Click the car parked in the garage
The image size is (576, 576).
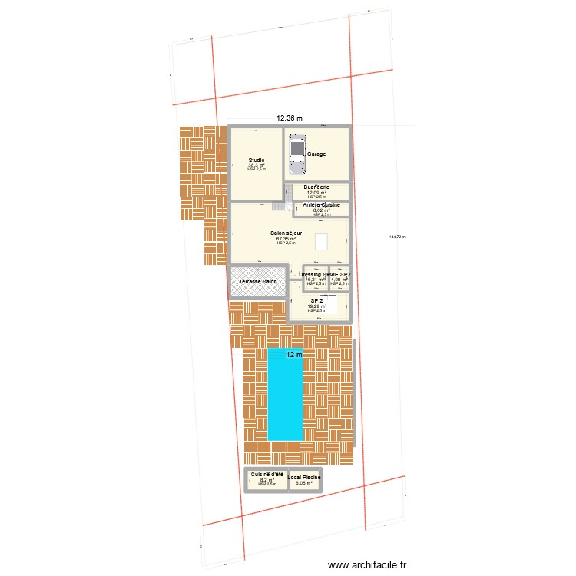coord(296,156)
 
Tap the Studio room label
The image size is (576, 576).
coord(257,160)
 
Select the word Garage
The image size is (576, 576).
coord(316,154)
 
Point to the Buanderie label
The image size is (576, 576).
coord(316,187)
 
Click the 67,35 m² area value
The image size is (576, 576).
coord(286,239)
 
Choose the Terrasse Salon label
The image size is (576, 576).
coord(258,282)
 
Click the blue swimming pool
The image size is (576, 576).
coord(285,395)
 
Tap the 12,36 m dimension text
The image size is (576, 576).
coord(290,118)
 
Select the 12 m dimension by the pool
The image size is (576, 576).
coord(294,355)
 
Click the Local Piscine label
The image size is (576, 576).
coord(305,478)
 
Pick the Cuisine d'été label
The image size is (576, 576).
coord(266,474)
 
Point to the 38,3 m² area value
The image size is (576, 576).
coord(257,165)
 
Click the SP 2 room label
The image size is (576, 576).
coord(316,301)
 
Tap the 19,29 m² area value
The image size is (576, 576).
coord(316,306)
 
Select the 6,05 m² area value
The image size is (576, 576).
coord(305,483)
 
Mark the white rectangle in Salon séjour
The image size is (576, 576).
coord(322,241)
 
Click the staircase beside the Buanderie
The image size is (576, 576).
coord(288,197)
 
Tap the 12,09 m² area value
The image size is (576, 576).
coord(316,193)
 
